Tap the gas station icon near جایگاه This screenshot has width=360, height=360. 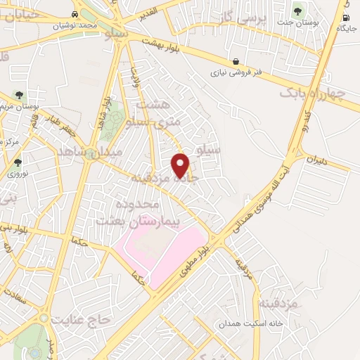tap(345, 18)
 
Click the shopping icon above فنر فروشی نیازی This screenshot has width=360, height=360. tap(236, 60)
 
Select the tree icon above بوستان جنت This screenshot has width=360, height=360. tap(297, 11)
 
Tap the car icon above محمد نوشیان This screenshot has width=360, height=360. tap(75, 14)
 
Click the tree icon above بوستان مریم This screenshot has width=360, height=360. tap(19, 95)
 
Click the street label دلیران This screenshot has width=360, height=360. tap(317, 160)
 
